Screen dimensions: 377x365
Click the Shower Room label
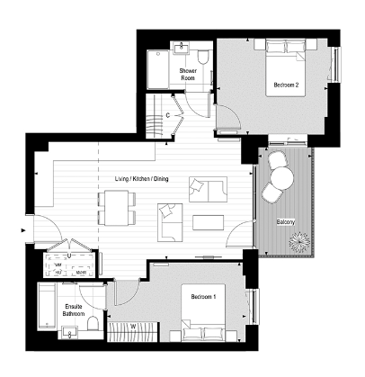pos(188,74)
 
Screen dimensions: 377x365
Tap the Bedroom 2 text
pos(286,86)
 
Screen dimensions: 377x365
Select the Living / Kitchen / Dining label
pos(141,180)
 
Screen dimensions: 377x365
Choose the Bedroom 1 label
pos(203,297)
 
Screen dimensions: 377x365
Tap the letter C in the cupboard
pos(168,117)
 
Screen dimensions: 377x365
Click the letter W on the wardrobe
pos(133,326)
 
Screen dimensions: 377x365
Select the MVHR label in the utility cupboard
pos(81,271)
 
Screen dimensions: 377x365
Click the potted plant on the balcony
pos(300,242)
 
